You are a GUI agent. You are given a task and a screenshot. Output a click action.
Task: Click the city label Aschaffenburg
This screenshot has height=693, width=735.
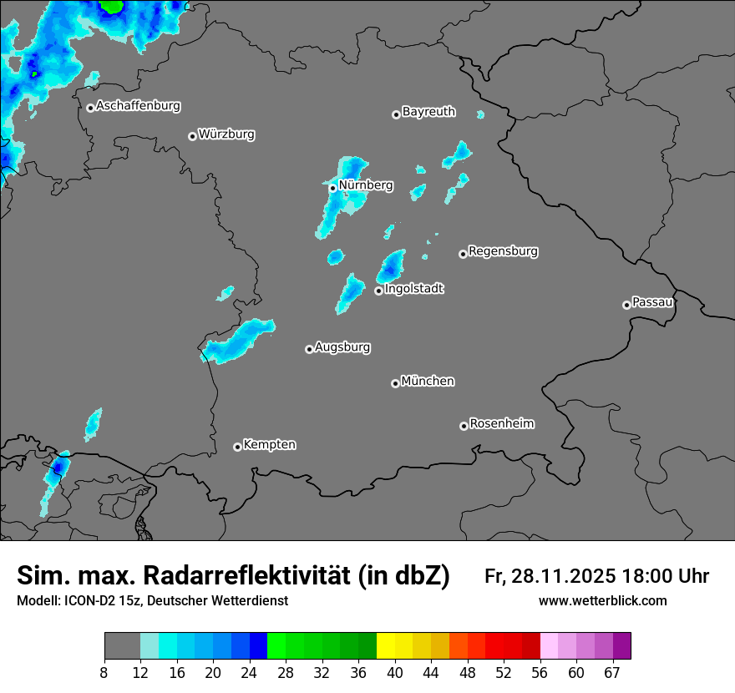tap(138, 106)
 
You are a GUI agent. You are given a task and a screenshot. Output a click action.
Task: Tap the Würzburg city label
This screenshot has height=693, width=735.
tap(226, 134)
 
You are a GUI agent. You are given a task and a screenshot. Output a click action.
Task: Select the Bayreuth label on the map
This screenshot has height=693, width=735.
tap(428, 112)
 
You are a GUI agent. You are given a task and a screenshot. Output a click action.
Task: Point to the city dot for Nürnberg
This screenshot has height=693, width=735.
tap(332, 188)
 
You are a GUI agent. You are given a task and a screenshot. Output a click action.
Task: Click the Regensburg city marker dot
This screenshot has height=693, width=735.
tap(463, 254)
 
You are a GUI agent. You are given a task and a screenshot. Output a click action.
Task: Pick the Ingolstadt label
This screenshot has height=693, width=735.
tap(414, 289)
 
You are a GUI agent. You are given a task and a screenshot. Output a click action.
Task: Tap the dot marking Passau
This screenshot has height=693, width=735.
tap(626, 305)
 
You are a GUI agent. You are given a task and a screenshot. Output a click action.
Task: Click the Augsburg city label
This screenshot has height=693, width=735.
tap(342, 347)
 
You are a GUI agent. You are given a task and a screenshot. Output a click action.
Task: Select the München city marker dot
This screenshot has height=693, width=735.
tap(395, 384)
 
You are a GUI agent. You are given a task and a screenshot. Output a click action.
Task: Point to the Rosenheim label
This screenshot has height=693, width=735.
tap(501, 424)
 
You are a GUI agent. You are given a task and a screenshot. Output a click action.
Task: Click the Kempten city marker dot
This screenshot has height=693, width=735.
tap(237, 447)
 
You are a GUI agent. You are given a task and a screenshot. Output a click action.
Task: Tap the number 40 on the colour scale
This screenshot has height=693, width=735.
tap(394, 673)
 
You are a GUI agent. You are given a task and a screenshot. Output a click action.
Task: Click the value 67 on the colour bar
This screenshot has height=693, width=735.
tap(611, 673)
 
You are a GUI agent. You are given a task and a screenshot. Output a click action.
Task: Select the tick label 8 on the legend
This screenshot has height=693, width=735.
tap(104, 673)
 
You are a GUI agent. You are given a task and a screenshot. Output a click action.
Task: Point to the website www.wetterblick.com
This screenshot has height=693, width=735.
tap(602, 601)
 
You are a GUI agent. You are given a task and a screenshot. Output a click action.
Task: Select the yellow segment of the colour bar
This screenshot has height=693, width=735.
tap(386, 646)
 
